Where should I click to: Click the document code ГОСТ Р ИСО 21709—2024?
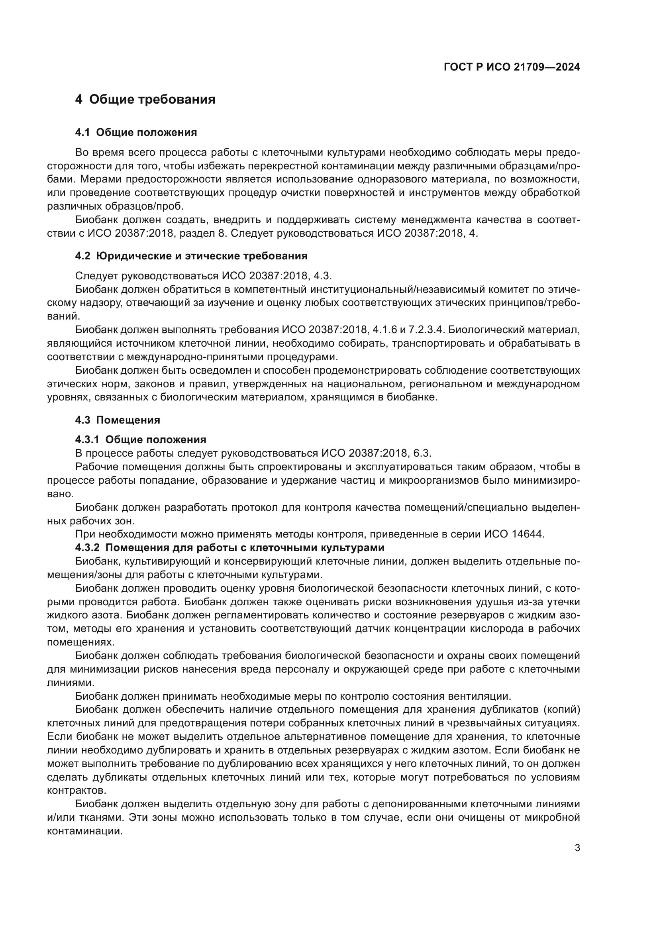pyautogui.click(x=512, y=67)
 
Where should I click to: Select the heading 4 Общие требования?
pyautogui.click(x=145, y=100)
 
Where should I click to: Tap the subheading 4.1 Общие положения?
pyautogui.click(x=136, y=133)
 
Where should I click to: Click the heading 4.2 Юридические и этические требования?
pyautogui.click(x=191, y=256)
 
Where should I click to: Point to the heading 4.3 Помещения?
pyautogui.click(x=118, y=420)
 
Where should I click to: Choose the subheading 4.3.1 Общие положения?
pyautogui.click(x=140, y=440)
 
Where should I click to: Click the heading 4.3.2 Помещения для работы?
pyautogui.click(x=229, y=548)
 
